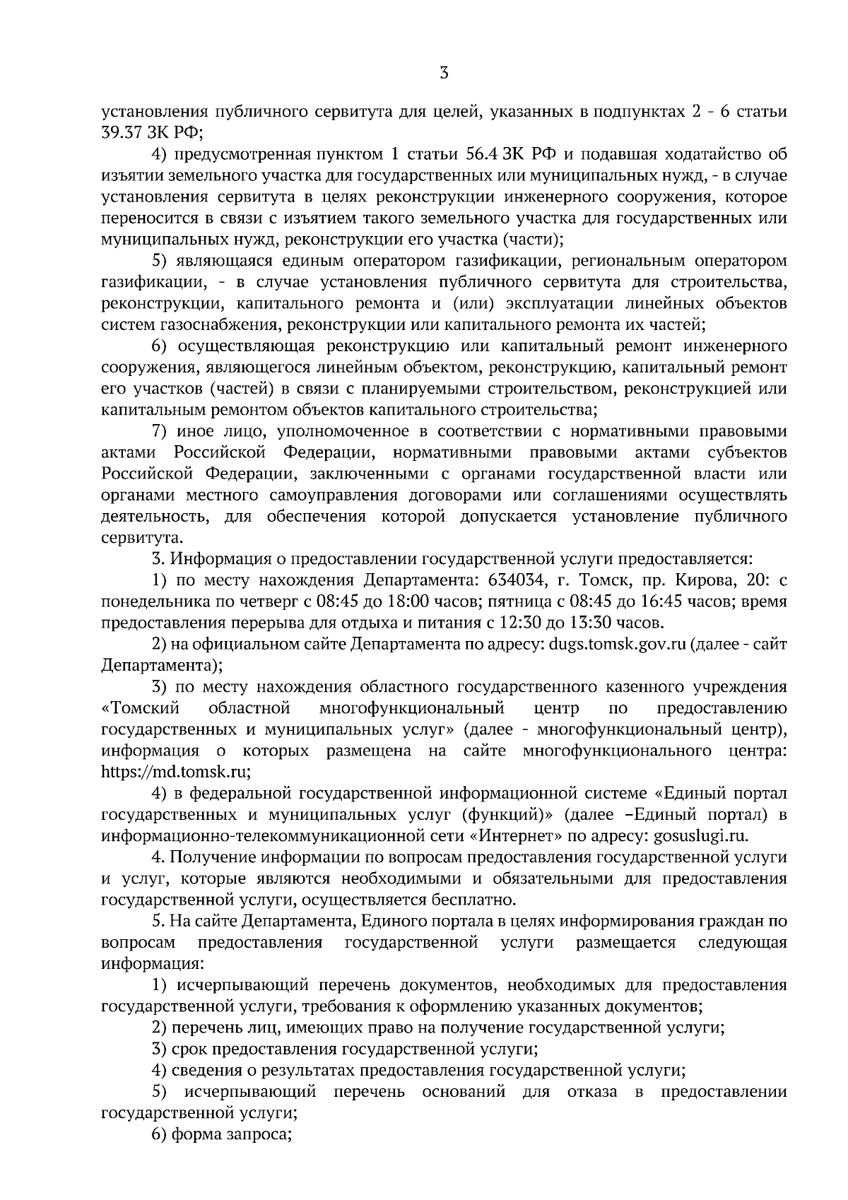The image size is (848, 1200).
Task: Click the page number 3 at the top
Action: [444, 73]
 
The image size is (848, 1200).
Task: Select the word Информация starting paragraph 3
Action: [214, 559]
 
